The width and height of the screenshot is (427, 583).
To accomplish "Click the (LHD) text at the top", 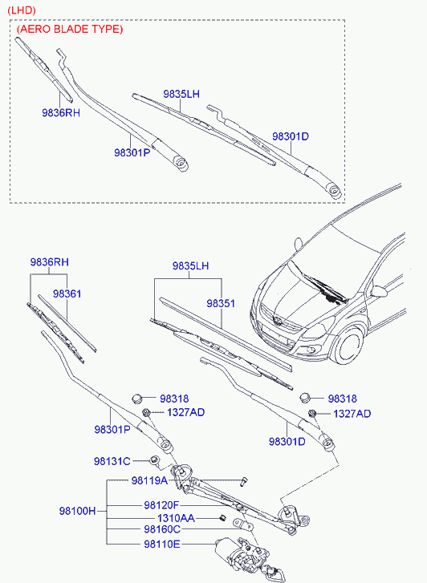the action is pos(22,10).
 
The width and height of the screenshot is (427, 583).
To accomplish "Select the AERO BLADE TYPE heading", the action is pos(70,29).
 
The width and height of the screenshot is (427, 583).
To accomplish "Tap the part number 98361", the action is pos(67,294).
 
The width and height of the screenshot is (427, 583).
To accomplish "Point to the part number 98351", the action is pos(221,303).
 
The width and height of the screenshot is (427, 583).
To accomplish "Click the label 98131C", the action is pos(112,461).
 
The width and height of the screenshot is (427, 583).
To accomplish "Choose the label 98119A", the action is pos(149,480).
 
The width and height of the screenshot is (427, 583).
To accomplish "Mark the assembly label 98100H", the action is pos(77,511).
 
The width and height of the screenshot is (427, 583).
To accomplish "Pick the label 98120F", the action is pos(161,505).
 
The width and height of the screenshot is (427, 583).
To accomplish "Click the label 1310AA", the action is pos(176,518).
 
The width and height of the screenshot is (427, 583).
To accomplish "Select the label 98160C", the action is pos(162,529).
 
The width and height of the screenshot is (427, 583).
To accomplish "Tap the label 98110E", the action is pos(162,545).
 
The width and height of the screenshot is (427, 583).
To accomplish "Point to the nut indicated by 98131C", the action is pos(154,460).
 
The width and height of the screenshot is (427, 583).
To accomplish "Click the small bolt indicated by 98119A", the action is pos(244,481).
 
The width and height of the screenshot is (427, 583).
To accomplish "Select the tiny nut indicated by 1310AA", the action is pos(222,518).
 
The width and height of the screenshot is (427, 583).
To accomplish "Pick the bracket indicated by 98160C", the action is pos(243,524).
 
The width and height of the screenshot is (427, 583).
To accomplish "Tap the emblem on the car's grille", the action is pos(277,321).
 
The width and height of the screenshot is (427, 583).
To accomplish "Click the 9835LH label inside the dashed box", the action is pos(181,94).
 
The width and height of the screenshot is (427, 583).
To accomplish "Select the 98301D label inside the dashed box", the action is pos(291,136).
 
